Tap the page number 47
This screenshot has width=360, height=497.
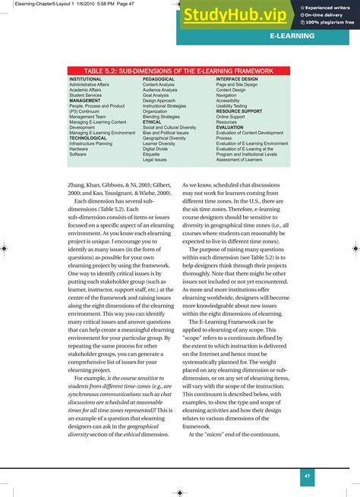[x=308, y=476]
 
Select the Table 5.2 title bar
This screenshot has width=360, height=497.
[x=179, y=71]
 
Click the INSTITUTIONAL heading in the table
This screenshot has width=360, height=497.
[x=85, y=79]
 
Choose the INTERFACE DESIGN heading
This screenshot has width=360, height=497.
[x=237, y=79]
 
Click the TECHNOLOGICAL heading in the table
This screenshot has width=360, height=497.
[x=88, y=138]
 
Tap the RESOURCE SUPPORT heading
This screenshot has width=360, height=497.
[x=239, y=111]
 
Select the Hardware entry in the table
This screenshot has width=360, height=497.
[x=78, y=149]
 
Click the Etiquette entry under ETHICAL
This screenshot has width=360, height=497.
[x=153, y=154]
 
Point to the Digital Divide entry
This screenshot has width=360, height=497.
[x=156, y=149]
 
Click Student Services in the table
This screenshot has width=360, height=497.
[x=85, y=95]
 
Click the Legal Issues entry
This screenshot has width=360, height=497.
[x=155, y=159]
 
